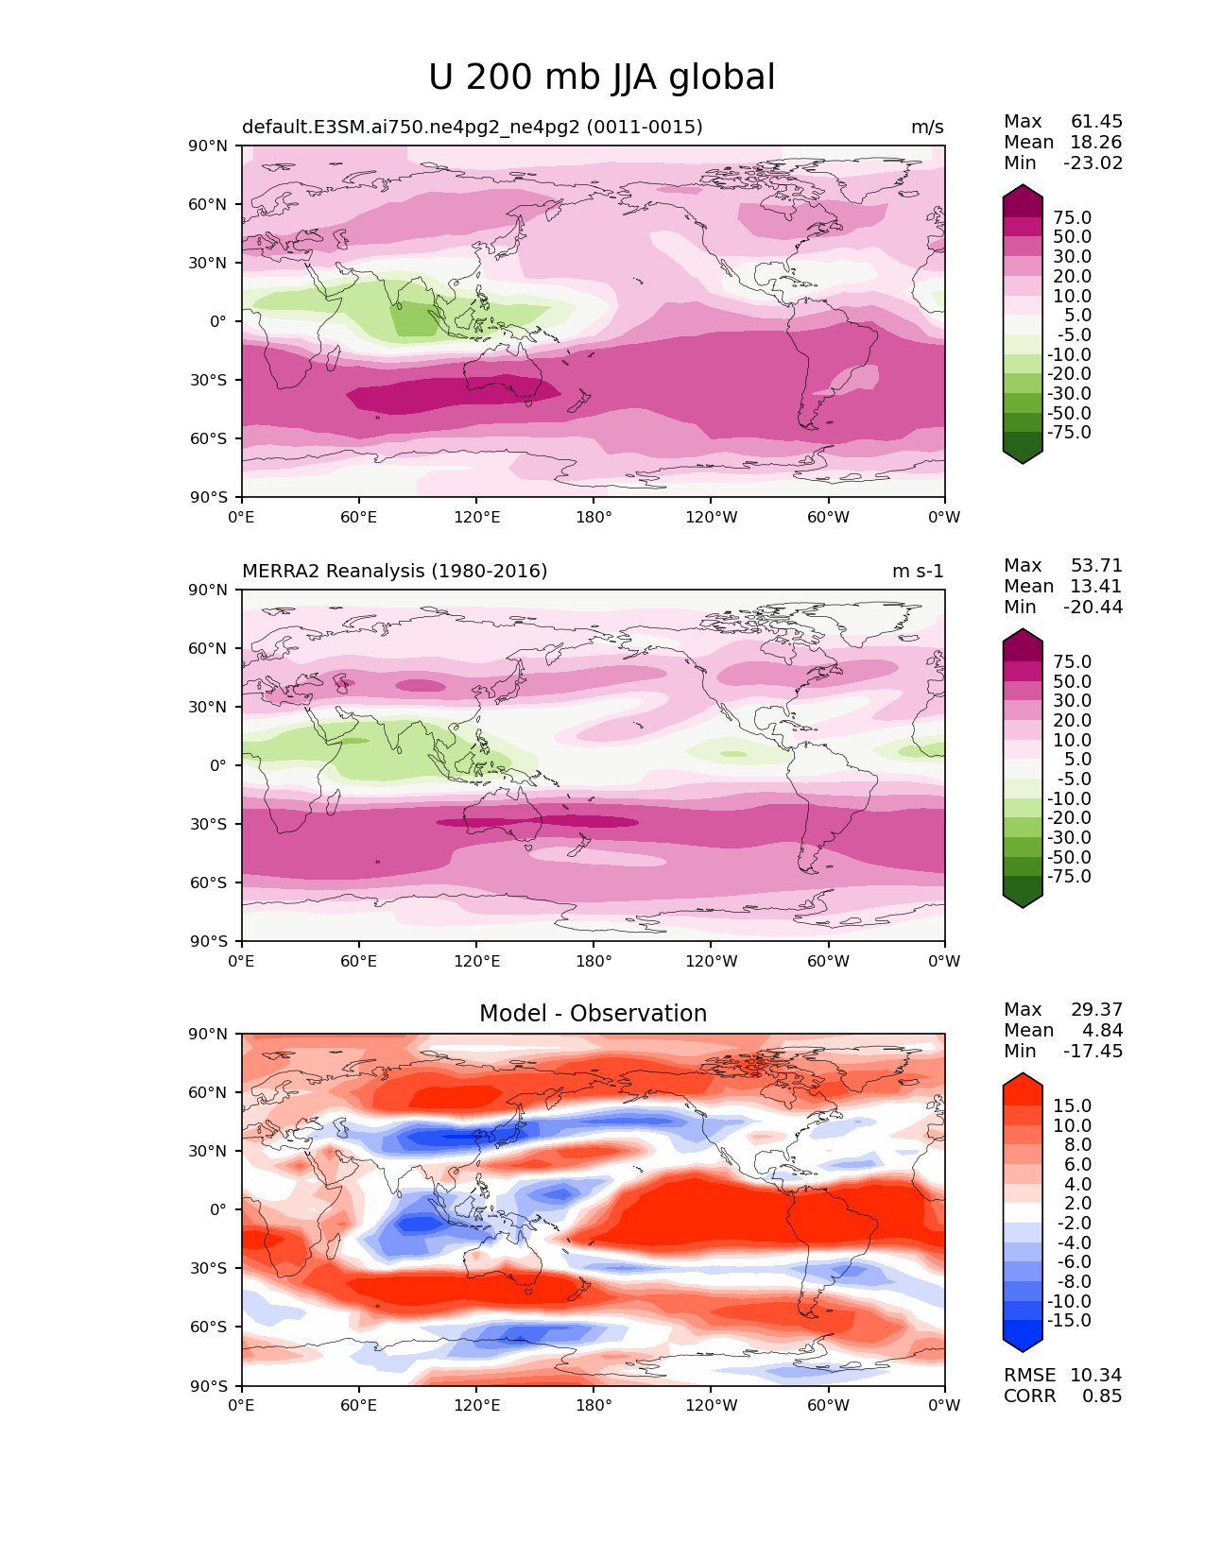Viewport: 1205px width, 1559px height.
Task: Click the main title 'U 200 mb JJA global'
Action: (601, 77)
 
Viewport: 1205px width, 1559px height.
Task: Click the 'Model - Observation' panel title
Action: (593, 1014)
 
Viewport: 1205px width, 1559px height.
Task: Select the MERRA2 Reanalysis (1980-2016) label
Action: (394, 572)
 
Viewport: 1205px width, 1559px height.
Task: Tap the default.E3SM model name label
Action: (472, 128)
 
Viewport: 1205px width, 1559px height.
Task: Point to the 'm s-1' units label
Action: (917, 572)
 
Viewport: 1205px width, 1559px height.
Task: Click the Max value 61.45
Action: (1096, 122)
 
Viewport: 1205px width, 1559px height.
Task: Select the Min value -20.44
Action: (1093, 608)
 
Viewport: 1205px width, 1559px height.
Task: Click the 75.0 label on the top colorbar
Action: (1072, 218)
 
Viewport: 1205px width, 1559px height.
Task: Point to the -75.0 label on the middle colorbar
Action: (1069, 877)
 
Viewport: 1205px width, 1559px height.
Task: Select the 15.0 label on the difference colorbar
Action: (1072, 1106)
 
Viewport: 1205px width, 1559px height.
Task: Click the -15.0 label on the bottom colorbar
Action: (1069, 1321)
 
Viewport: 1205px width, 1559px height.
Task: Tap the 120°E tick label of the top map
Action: (476, 518)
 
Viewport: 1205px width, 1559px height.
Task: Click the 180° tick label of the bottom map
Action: (594, 1406)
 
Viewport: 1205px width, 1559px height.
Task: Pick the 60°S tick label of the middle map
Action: (212, 883)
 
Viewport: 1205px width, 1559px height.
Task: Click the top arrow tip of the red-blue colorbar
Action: (1023, 1075)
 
